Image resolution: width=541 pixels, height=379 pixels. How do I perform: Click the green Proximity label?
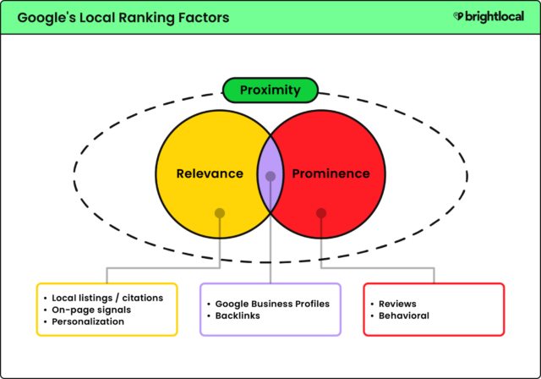[x=270, y=90]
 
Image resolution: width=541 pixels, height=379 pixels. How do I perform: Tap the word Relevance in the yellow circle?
[x=210, y=174]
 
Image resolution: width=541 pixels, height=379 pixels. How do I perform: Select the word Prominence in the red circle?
[x=331, y=174]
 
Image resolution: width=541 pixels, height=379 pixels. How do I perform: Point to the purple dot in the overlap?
[x=270, y=177]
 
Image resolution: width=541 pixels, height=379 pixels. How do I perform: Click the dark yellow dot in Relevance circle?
[x=220, y=213]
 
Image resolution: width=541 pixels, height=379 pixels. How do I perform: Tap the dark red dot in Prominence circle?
[x=321, y=213]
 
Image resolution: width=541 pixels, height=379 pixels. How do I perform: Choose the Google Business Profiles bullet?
[x=272, y=304]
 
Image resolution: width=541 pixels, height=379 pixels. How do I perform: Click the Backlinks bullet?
[x=239, y=316]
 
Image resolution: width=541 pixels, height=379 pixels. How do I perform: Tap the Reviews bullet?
[x=397, y=304]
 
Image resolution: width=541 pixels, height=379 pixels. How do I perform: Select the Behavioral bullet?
[x=404, y=316]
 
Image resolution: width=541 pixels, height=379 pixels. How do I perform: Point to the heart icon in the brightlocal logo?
[x=457, y=16]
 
